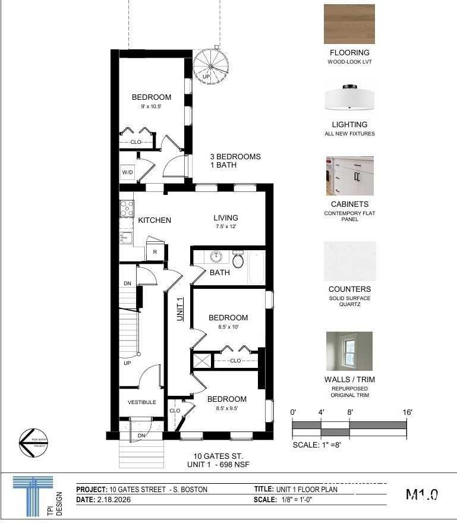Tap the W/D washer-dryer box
click(x=127, y=173)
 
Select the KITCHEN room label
click(x=155, y=220)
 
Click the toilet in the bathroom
click(x=238, y=260)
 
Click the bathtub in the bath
click(x=256, y=268)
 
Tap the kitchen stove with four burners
click(x=127, y=208)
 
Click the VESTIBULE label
click(x=142, y=402)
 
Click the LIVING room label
click(x=226, y=218)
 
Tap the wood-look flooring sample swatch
click(x=349, y=24)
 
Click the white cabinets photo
click(x=349, y=176)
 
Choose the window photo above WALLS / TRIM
click(x=349, y=351)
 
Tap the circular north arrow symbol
click(x=33, y=443)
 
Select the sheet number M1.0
click(x=421, y=494)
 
